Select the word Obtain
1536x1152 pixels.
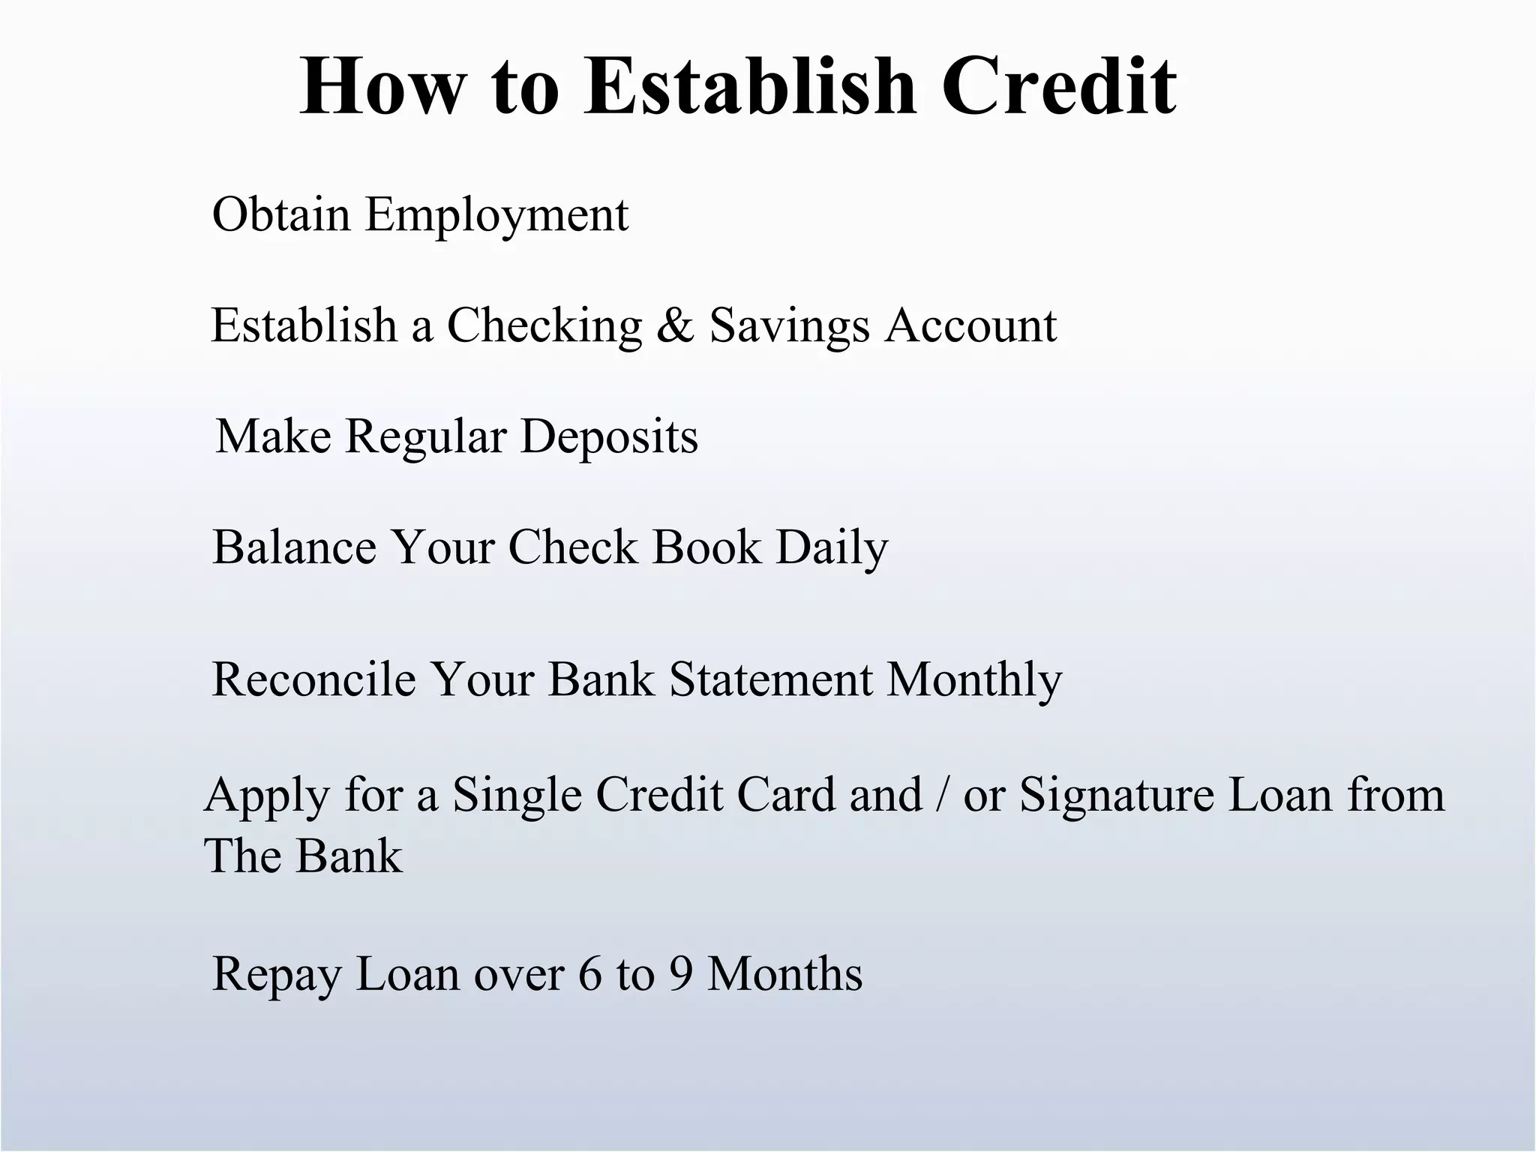pyautogui.click(x=281, y=214)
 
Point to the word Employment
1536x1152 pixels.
pyautogui.click(x=496, y=216)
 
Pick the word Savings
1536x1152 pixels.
pyautogui.click(x=789, y=327)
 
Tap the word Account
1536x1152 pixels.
pyautogui.click(x=970, y=325)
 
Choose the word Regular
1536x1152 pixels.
pyautogui.click(x=425, y=437)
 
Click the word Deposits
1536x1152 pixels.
pyautogui.click(x=609, y=437)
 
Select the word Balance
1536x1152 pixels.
pyautogui.click(x=294, y=547)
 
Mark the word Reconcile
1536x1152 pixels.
pyautogui.click(x=313, y=679)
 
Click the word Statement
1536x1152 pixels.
pyautogui.click(x=771, y=679)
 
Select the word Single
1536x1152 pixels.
pyautogui.click(x=517, y=795)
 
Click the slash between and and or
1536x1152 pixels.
pyautogui.click(x=942, y=795)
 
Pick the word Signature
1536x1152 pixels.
pyautogui.click(x=1116, y=795)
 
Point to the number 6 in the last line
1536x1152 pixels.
pyautogui.click(x=589, y=974)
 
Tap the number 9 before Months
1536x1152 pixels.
pyautogui.click(x=680, y=974)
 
